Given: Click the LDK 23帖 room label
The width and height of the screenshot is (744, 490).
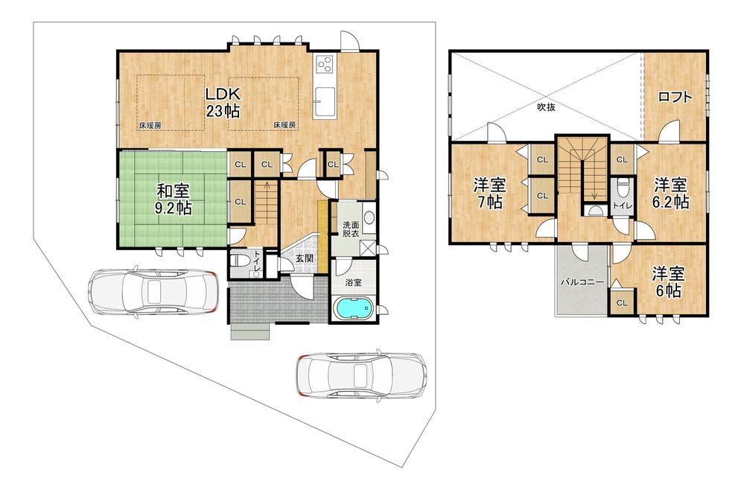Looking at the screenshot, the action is click(223, 102).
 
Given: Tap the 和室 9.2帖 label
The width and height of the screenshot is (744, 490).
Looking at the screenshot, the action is click(174, 200).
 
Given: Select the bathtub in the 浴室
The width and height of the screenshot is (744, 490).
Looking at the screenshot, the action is click(354, 308).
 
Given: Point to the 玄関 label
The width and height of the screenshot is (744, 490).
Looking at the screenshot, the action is click(304, 258).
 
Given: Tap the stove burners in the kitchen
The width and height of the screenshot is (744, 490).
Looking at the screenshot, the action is click(325, 64).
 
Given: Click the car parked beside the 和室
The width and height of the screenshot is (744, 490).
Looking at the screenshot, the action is click(153, 291).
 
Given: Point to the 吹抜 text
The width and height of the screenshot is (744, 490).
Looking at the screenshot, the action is click(546, 107).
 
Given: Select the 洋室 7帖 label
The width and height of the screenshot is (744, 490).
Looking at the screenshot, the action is click(490, 193).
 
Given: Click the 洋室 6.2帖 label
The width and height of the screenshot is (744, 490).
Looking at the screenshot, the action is click(670, 193).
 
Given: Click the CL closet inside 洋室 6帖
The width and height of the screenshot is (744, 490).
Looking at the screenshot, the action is click(622, 302).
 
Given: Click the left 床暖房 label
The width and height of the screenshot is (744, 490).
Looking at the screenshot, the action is click(150, 126).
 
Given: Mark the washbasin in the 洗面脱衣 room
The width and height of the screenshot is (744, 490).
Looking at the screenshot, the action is click(369, 217).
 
